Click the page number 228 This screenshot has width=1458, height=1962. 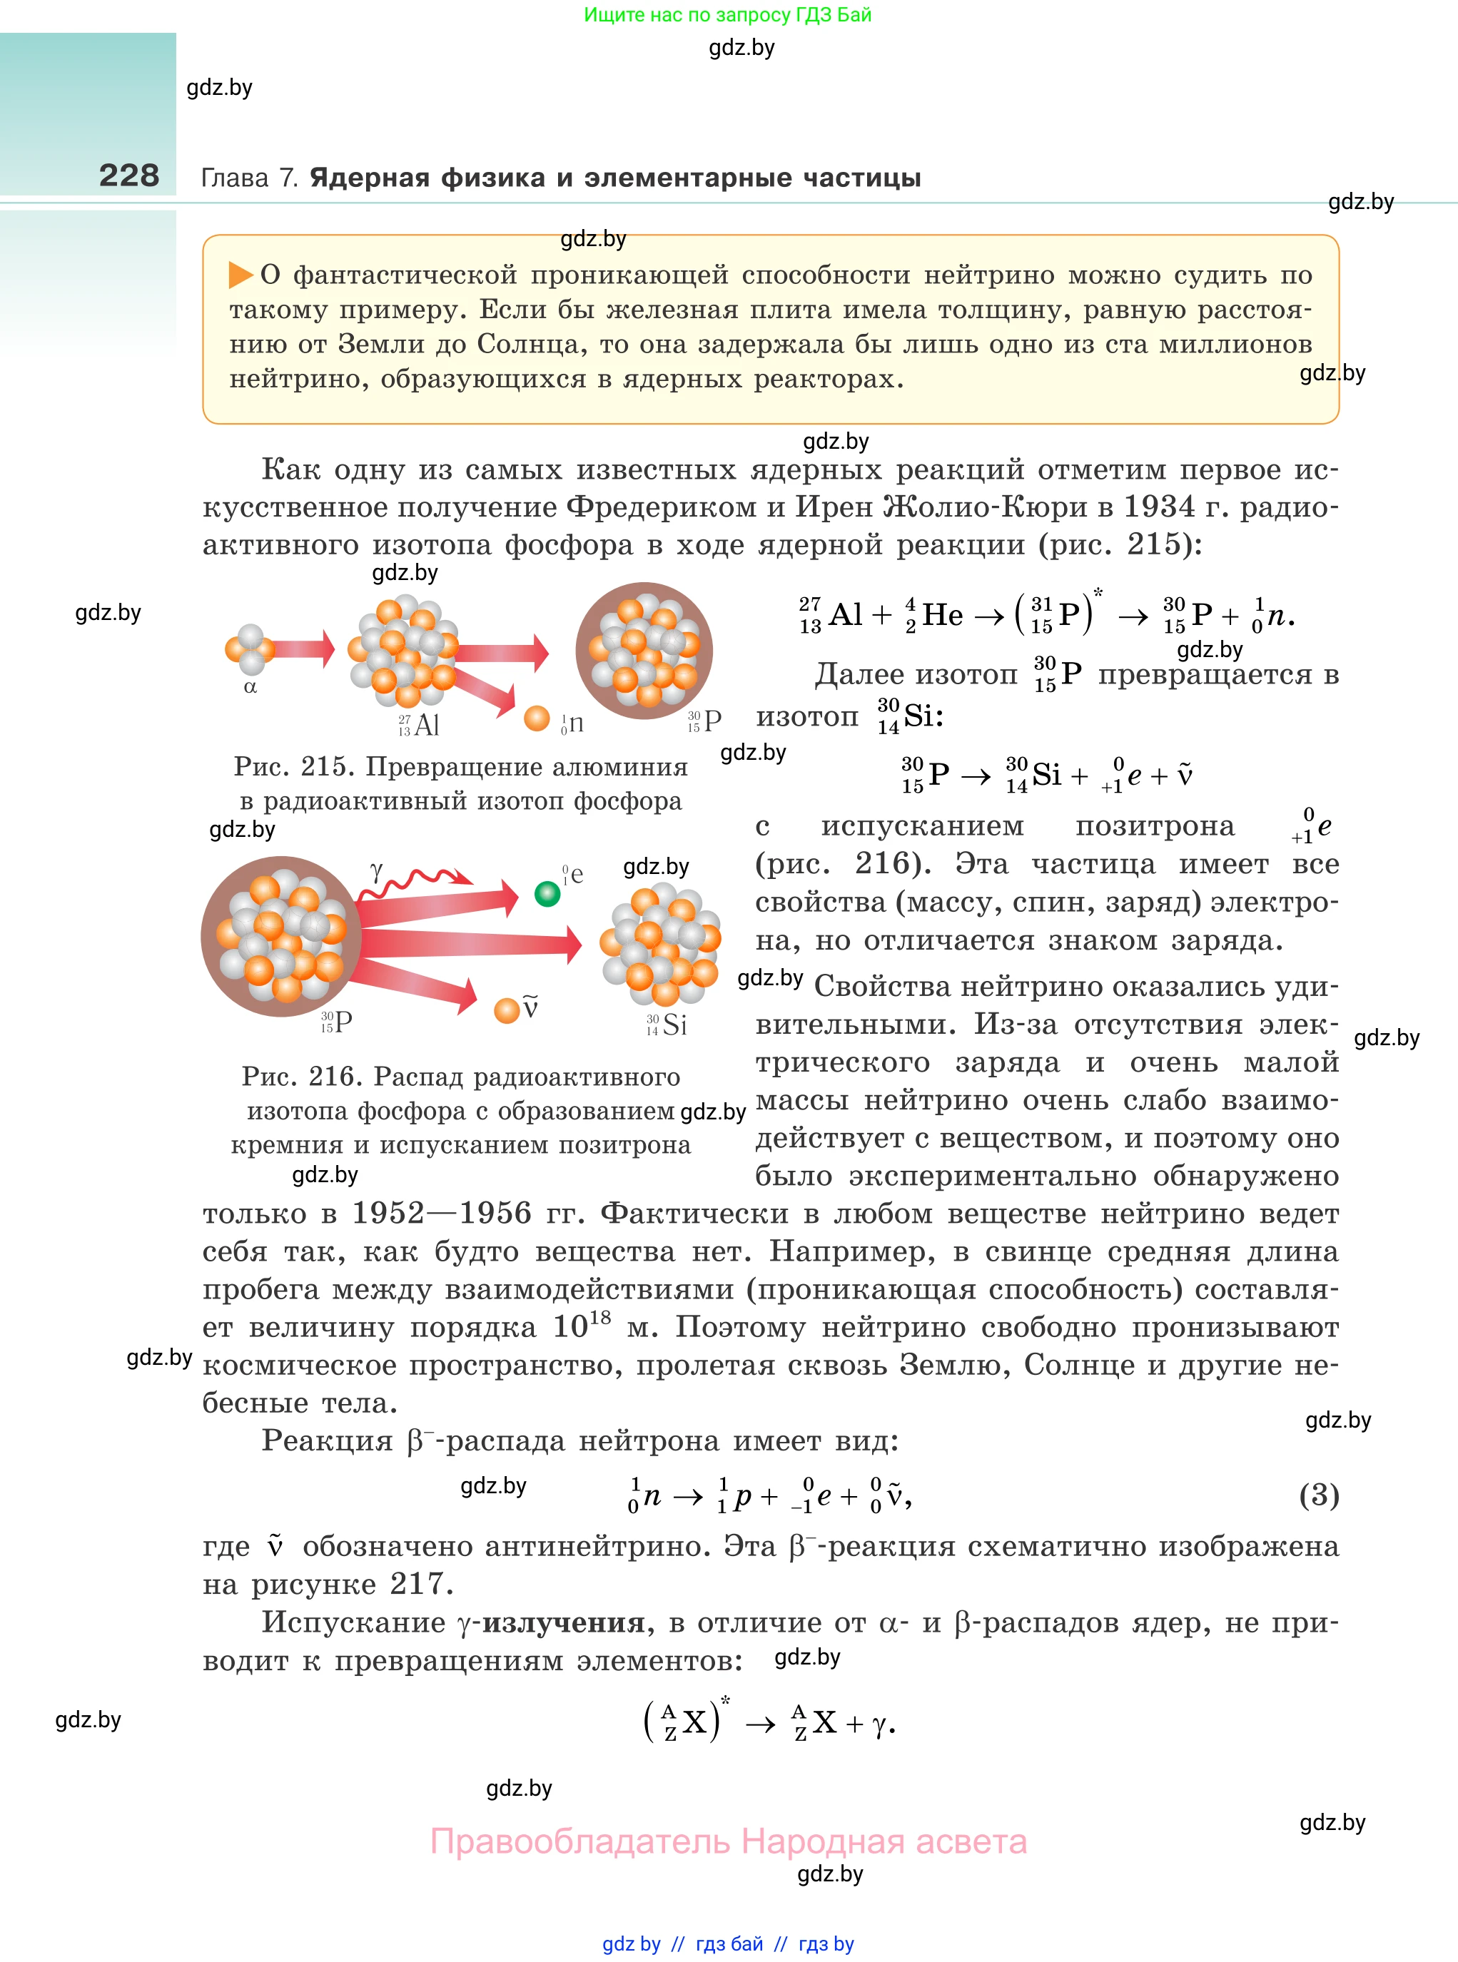[x=129, y=176]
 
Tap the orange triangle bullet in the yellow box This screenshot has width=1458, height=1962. [x=240, y=275]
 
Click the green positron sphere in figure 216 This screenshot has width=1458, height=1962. [x=547, y=894]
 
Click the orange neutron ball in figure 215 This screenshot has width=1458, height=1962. [x=537, y=718]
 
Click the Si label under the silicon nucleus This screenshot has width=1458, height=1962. [x=674, y=1025]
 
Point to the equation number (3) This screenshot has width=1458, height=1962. [x=1319, y=1495]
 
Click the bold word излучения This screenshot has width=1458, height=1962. [x=563, y=1622]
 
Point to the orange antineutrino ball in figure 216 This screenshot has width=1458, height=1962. [x=507, y=1010]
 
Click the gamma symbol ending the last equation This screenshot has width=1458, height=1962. [x=879, y=1724]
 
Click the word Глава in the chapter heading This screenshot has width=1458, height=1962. [x=235, y=178]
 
